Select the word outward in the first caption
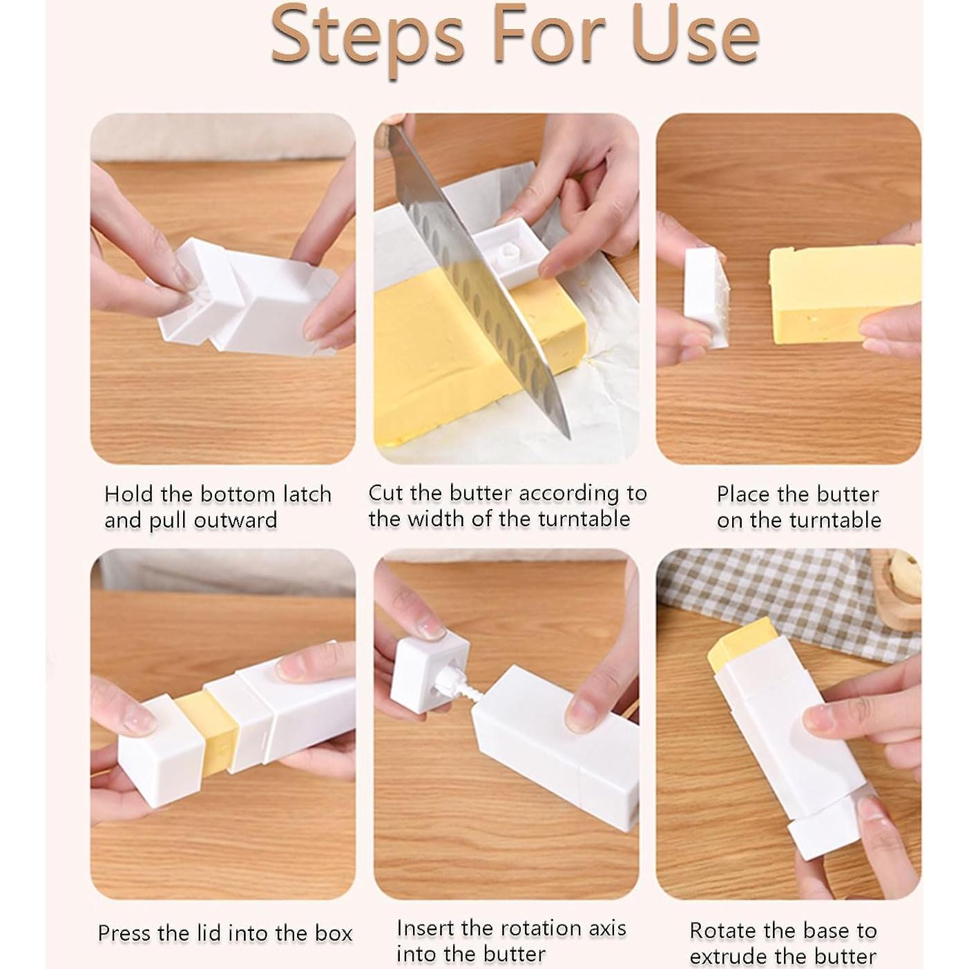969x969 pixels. coord(236,521)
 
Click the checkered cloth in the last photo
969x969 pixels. coord(785,593)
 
